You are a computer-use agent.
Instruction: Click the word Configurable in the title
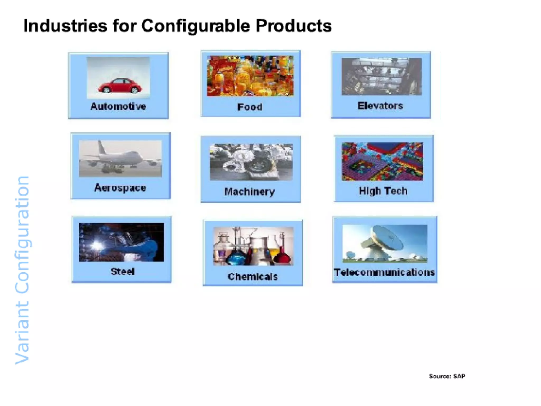pyautogui.click(x=195, y=26)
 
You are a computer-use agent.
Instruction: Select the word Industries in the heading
pyautogui.click(x=65, y=26)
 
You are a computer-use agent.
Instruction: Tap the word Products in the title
pyautogui.click(x=293, y=26)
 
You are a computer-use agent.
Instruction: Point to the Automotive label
pyautogui.click(x=118, y=106)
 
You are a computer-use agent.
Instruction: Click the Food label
pyautogui.click(x=250, y=107)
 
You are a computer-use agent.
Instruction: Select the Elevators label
pyautogui.click(x=380, y=106)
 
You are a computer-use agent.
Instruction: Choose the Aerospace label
pyautogui.click(x=120, y=188)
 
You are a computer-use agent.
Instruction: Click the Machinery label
pyautogui.click(x=250, y=192)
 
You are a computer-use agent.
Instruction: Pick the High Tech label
pyautogui.click(x=383, y=191)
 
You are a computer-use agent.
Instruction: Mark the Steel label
pyautogui.click(x=123, y=271)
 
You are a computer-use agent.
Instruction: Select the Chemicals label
pyautogui.click(x=253, y=277)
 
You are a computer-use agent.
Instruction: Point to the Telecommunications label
pyautogui.click(x=384, y=272)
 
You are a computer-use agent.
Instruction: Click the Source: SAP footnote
pyautogui.click(x=447, y=376)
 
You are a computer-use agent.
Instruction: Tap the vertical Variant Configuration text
pyautogui.click(x=22, y=270)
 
